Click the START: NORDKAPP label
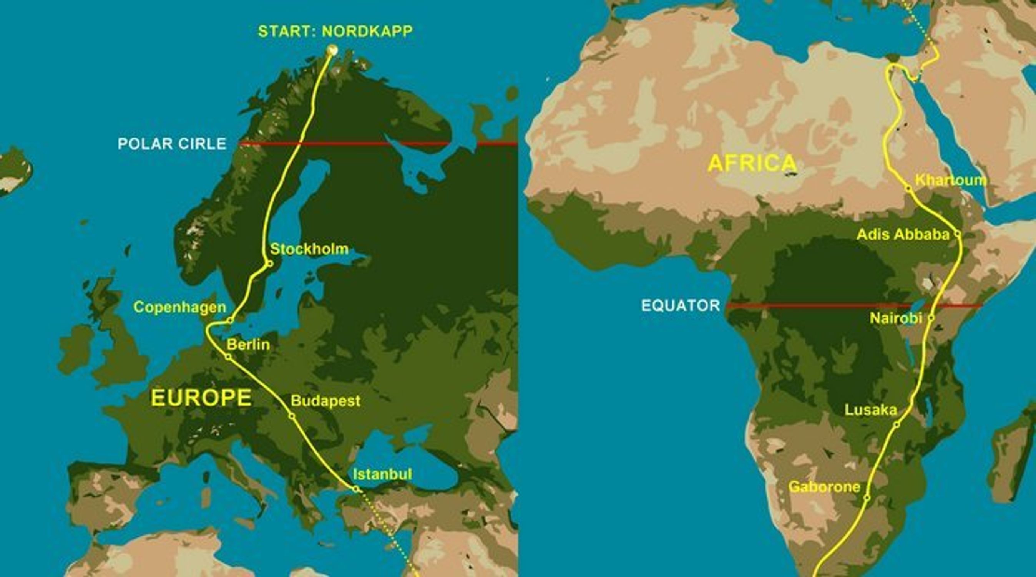[x=335, y=32]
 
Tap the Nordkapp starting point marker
[x=332, y=50]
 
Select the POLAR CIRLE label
[x=172, y=144]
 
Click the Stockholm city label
[x=309, y=249]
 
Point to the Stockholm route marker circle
[x=270, y=264]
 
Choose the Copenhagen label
[x=180, y=307]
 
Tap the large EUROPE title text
[x=201, y=398]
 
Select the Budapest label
[x=325, y=401]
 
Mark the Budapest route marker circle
[x=292, y=416]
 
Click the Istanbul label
[x=382, y=474]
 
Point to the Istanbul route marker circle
[x=355, y=489]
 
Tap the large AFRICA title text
[x=752, y=163]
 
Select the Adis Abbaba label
[x=903, y=234]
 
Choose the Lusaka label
[x=871, y=410]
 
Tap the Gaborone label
[x=824, y=487]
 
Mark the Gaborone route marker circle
[x=867, y=498]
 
